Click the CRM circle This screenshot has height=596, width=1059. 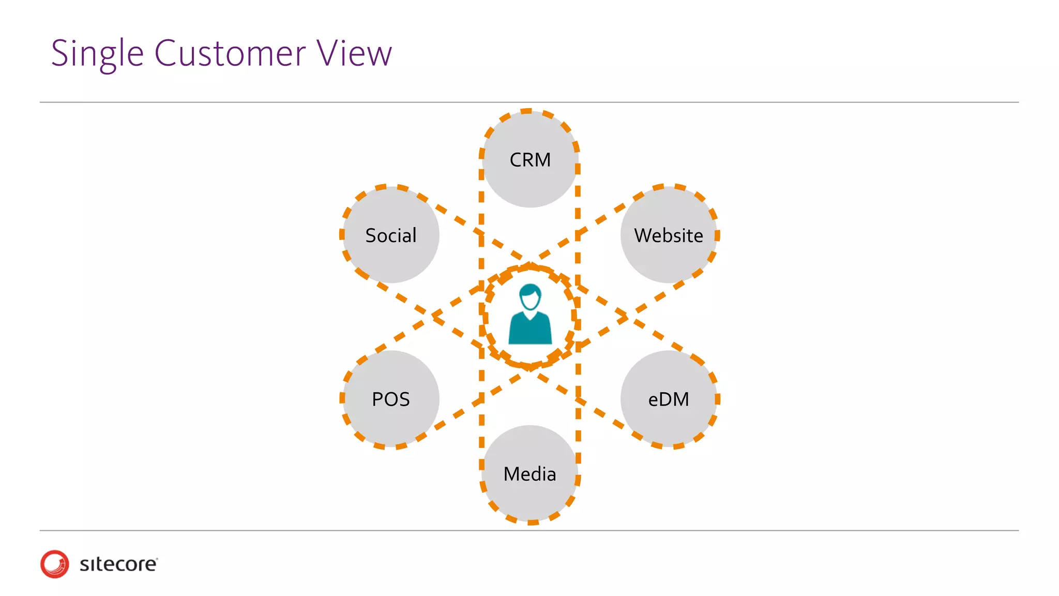[530, 178]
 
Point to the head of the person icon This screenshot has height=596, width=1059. [530, 297]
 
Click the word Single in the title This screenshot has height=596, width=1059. [97, 54]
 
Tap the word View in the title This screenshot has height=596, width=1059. [354, 54]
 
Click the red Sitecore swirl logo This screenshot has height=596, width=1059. [54, 564]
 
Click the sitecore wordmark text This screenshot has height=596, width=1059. [118, 564]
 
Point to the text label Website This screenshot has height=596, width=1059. [669, 235]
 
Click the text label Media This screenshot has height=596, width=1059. [530, 474]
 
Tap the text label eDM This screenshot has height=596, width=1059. [669, 399]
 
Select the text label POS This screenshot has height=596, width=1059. [391, 399]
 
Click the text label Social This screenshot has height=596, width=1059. [391, 235]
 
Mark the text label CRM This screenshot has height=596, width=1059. [530, 160]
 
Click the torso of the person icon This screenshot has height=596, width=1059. [530, 331]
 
